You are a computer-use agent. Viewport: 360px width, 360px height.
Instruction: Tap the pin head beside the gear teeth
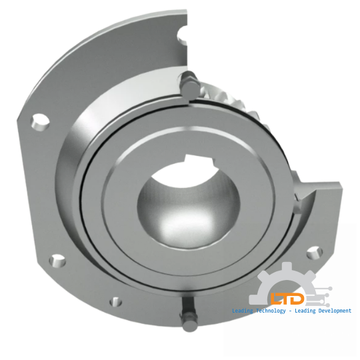point(188,85)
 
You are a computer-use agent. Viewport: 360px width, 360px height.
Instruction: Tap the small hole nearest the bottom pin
point(117,300)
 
